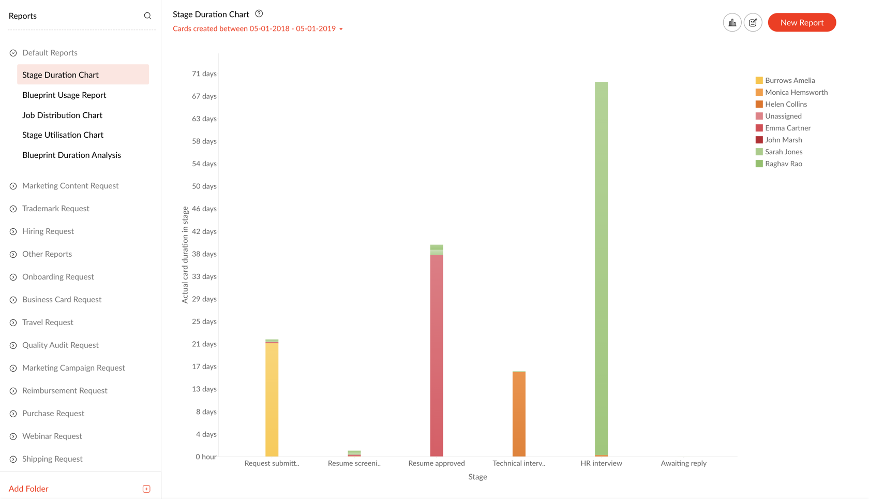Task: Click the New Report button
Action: pos(801,22)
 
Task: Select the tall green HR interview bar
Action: pos(601,269)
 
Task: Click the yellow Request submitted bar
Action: pos(272,399)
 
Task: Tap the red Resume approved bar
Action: pos(437,357)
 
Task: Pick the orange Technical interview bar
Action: pos(519,414)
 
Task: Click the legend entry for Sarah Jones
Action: pos(783,152)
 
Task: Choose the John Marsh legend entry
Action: pos(783,140)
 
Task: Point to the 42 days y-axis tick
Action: pos(204,231)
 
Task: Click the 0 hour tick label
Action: pos(206,457)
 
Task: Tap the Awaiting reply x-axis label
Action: pos(683,463)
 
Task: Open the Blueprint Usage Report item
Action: pos(64,95)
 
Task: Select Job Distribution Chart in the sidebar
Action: pos(62,115)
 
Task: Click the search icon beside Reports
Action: pos(147,16)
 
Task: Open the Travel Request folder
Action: pos(48,322)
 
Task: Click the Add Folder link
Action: pos(28,489)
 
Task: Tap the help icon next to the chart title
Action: pos(259,14)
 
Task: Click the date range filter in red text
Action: pos(257,28)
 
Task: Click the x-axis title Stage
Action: pos(477,477)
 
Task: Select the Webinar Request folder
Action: pos(52,436)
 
